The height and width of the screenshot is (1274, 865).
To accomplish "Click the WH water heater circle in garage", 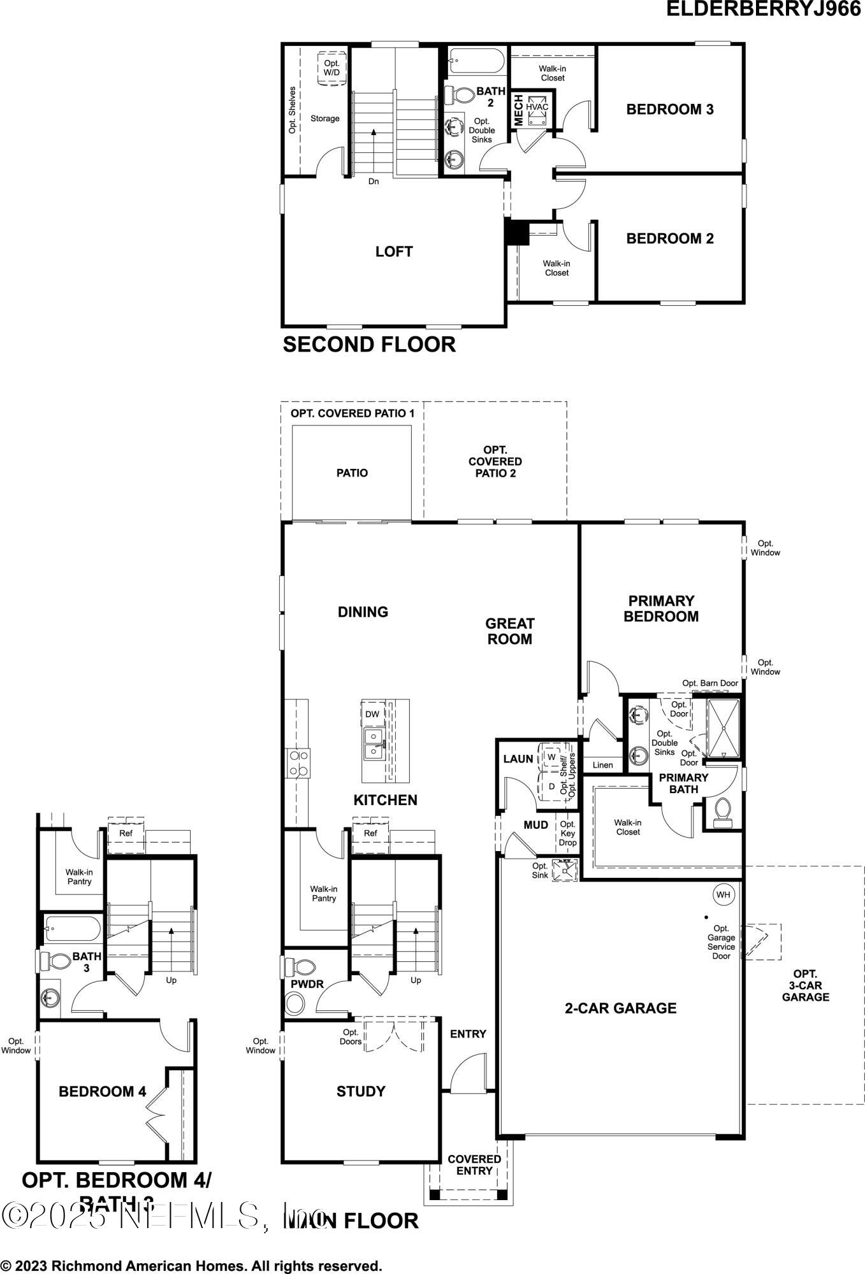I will click(x=723, y=894).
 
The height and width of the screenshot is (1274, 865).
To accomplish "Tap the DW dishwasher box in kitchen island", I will click(x=372, y=714).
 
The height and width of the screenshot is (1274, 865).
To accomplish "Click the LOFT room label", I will click(x=394, y=252).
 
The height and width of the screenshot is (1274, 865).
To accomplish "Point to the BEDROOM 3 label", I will click(x=669, y=109).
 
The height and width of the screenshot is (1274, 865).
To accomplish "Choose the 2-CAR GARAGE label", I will click(x=620, y=1008).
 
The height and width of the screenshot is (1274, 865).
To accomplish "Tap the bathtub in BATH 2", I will click(x=476, y=62).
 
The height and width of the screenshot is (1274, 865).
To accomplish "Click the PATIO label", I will click(x=352, y=473).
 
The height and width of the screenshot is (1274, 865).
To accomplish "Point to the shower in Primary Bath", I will click(x=723, y=728).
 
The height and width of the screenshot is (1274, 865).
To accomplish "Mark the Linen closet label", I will click(x=602, y=765).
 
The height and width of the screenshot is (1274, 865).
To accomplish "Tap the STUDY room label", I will click(x=361, y=1091).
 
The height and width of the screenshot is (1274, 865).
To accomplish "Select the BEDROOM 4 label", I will click(x=102, y=1091).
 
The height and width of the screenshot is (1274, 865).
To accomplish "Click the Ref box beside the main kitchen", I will click(x=370, y=833).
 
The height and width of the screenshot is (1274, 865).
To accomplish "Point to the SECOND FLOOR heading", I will click(x=369, y=345).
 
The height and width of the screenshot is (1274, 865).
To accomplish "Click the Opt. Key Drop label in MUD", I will click(x=567, y=833).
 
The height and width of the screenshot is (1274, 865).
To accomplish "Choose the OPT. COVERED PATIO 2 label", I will click(x=495, y=461).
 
